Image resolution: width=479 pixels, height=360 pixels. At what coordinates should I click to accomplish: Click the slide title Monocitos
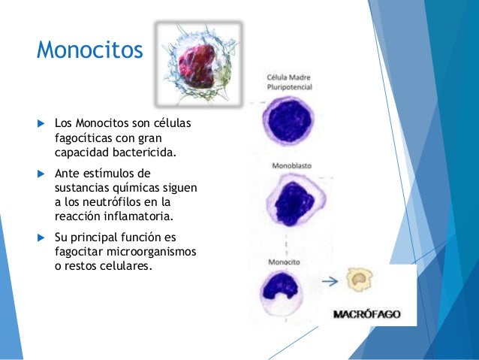click(x=89, y=50)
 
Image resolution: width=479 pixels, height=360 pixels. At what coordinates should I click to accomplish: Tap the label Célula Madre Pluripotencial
click(x=290, y=82)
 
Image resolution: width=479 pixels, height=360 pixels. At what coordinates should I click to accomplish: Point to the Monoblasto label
click(x=288, y=165)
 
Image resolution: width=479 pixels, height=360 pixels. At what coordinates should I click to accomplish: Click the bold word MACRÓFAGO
click(x=366, y=314)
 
